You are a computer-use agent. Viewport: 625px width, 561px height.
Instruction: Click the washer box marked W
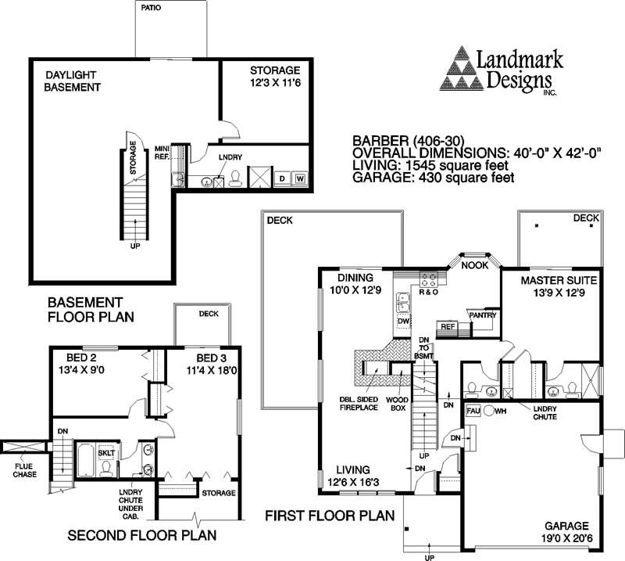[299, 179]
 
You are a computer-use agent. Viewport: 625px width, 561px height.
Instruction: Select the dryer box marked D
[282, 179]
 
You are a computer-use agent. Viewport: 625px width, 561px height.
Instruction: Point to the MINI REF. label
[162, 152]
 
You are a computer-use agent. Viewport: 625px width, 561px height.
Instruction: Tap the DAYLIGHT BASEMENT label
[73, 81]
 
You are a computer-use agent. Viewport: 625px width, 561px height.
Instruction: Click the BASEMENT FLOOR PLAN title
[91, 309]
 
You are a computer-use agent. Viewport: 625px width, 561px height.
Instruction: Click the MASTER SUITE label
[548, 286]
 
